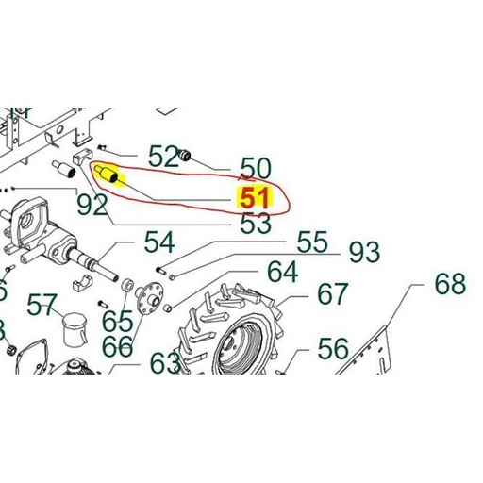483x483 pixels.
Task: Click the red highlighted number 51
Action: [255, 198]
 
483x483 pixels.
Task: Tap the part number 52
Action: [163, 156]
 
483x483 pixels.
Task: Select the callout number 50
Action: [256, 169]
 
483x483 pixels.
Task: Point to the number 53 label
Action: [256, 223]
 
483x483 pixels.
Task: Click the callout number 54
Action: [159, 242]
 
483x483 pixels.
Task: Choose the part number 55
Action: [312, 241]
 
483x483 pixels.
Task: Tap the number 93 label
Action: [365, 252]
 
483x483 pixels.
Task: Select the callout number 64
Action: [282, 272]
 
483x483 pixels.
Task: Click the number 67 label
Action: [333, 294]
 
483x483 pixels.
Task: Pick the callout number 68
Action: [450, 284]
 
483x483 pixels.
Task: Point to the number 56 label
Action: [333, 349]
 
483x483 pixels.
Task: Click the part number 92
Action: [92, 205]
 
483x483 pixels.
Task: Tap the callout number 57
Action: [42, 305]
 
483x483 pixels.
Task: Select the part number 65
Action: [118, 321]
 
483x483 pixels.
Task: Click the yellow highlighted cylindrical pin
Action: [107, 174]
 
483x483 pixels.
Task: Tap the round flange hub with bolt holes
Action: [149, 298]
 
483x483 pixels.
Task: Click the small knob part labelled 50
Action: [184, 155]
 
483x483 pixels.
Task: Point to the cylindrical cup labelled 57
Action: [75, 328]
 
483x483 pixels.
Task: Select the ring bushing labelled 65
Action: [128, 286]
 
